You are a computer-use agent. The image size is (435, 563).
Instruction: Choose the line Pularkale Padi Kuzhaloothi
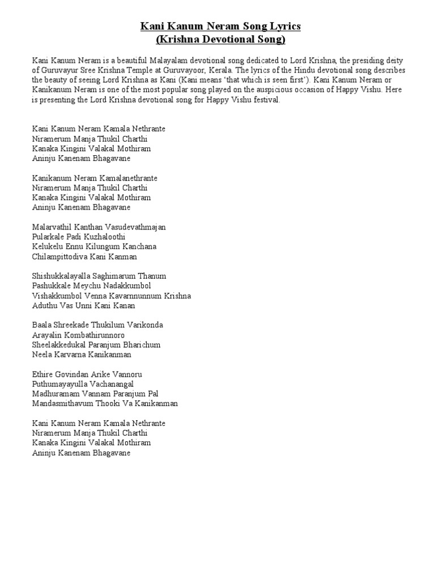(79, 237)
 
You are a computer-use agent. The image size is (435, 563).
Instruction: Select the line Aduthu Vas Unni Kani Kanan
(84, 306)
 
